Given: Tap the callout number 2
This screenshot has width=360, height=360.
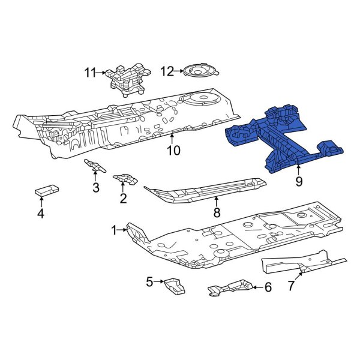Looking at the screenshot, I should [123, 199].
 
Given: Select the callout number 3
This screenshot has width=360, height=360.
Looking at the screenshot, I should [95, 188].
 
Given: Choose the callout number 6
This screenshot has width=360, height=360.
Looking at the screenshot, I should [268, 287].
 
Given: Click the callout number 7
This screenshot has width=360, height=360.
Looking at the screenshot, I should [291, 286].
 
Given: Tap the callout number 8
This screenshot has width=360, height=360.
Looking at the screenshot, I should [217, 211].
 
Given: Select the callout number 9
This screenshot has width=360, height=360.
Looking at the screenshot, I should [298, 180].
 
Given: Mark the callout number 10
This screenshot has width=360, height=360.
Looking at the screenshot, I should [173, 150].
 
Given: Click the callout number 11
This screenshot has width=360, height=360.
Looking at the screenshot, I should [90, 73].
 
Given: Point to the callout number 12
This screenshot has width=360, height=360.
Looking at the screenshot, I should [167, 71].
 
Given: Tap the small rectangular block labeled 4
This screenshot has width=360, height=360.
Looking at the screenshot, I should [46, 190].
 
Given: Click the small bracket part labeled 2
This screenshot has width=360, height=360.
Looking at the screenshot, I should [125, 178].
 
